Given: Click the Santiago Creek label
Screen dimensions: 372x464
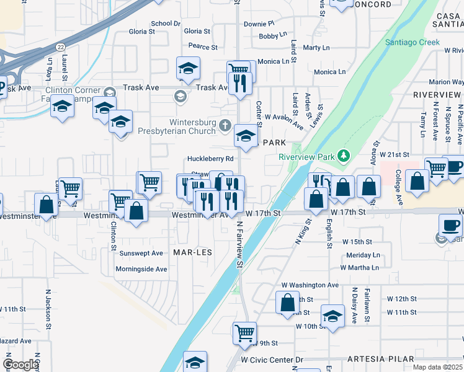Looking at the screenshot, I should tap(412, 42).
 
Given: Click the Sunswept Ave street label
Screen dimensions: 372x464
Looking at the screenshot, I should tap(141, 253).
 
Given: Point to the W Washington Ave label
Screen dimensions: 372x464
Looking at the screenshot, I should tap(310, 285).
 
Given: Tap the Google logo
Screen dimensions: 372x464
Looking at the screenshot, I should tap(20, 365).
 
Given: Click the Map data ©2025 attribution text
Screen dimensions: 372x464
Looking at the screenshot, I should tap(436, 367).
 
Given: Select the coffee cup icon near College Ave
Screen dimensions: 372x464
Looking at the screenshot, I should tap(454, 166).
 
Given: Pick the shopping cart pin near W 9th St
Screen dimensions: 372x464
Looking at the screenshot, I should tap(244, 332).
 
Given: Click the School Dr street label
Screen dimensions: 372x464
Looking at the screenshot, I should tap(165, 24).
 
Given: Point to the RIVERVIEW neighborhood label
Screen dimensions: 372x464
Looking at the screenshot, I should tap(437, 95).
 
